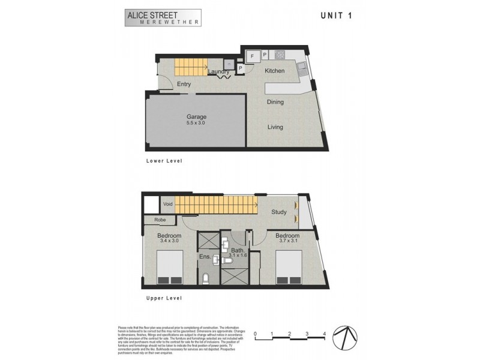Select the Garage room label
pyautogui.click(x=196, y=117)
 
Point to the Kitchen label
pyautogui.click(x=275, y=71)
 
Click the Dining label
pyautogui.click(x=275, y=102)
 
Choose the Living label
pyautogui.click(x=275, y=127)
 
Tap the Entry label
pyautogui.click(x=184, y=84)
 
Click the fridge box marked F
pyautogui.click(x=253, y=56)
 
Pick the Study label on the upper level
pyautogui.click(x=279, y=212)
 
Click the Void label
pyautogui.click(x=168, y=205)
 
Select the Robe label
pyautogui.click(x=160, y=220)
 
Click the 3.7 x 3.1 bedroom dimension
pyautogui.click(x=287, y=242)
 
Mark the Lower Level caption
pyautogui.click(x=164, y=161)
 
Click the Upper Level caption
pyautogui.click(x=164, y=298)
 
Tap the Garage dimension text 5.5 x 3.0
pyautogui.click(x=196, y=123)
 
